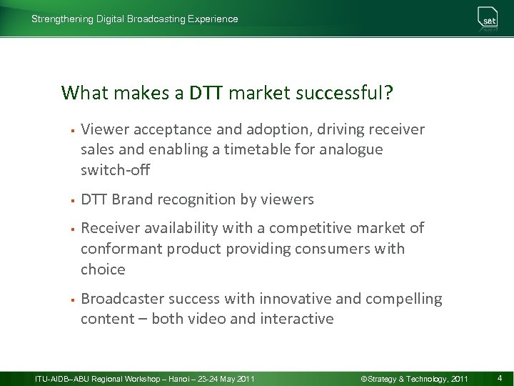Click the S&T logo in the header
[x=488, y=19]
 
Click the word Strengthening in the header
[x=62, y=19]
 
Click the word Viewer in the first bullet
[x=103, y=129]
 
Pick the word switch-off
[x=115, y=171]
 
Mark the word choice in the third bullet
[x=103, y=269]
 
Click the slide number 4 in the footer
[x=500, y=377]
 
